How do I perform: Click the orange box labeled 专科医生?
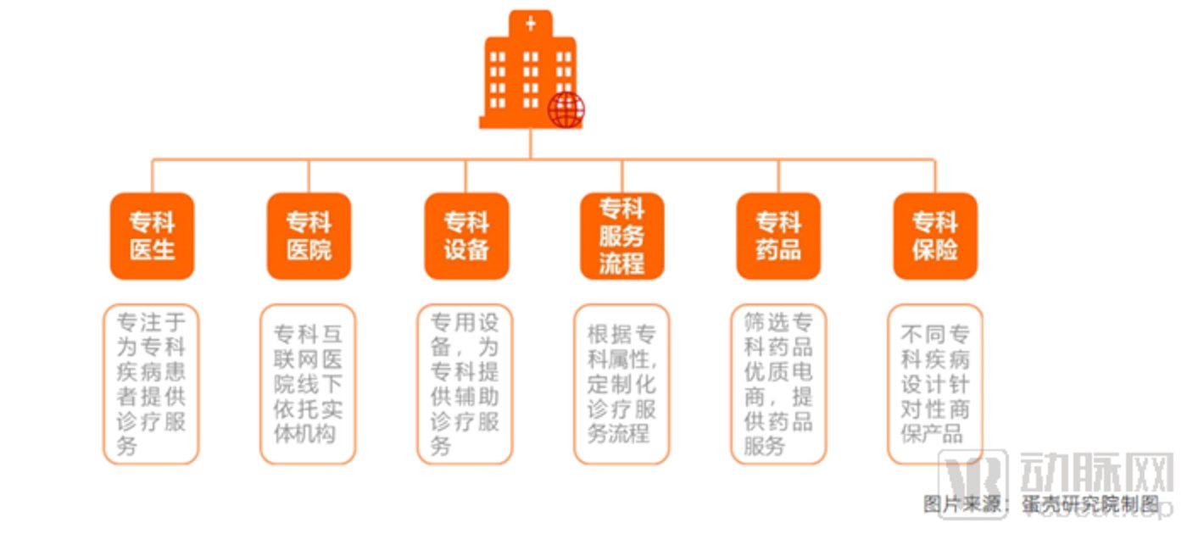click(x=153, y=236)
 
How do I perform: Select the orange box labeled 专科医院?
click(x=309, y=236)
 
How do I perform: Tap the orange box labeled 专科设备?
click(x=466, y=236)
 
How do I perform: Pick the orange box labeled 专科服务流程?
click(x=622, y=236)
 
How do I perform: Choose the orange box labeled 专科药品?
click(x=778, y=236)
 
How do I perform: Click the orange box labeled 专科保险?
click(x=935, y=236)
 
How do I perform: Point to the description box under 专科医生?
click(x=151, y=384)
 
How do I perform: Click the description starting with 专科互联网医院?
click(x=308, y=384)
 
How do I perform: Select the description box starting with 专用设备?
click(x=465, y=384)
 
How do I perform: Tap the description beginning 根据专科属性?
click(x=621, y=384)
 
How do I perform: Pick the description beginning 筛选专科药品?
click(x=778, y=384)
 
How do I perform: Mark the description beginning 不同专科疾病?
click(x=935, y=384)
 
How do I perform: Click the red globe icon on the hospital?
click(x=566, y=110)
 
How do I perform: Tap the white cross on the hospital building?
click(x=531, y=23)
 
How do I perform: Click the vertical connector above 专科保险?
click(x=935, y=175)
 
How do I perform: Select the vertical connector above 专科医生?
click(x=153, y=175)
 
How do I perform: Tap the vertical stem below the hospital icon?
click(x=531, y=144)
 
